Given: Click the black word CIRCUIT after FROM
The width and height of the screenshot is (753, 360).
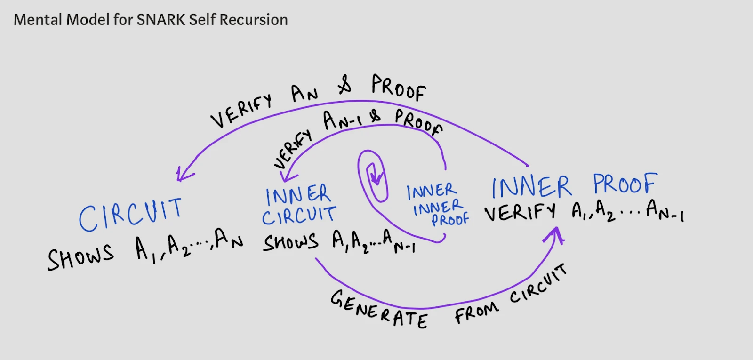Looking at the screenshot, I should (x=538, y=284).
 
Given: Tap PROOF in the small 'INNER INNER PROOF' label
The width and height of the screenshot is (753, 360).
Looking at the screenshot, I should (x=450, y=219).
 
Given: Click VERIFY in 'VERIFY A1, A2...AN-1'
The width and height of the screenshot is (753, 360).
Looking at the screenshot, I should (x=520, y=212).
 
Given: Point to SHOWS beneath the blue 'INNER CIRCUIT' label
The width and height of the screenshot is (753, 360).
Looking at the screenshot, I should (x=290, y=242).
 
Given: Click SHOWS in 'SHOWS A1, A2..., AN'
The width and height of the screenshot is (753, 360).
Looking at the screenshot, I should (x=80, y=257).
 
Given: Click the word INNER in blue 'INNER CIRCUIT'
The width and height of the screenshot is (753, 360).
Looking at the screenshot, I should (x=298, y=194).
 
